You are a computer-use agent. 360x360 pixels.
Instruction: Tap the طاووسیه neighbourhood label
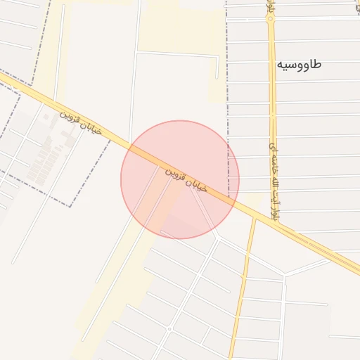(x=299, y=65)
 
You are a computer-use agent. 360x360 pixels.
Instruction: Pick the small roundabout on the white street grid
(x=169, y=328)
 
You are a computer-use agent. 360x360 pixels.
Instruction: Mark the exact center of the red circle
(x=180, y=179)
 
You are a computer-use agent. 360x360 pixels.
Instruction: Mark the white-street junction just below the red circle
(x=219, y=238)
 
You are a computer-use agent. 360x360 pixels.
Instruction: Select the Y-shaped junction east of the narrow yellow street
(x=284, y=275)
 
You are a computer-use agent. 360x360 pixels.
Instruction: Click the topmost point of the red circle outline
(x=180, y=120)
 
